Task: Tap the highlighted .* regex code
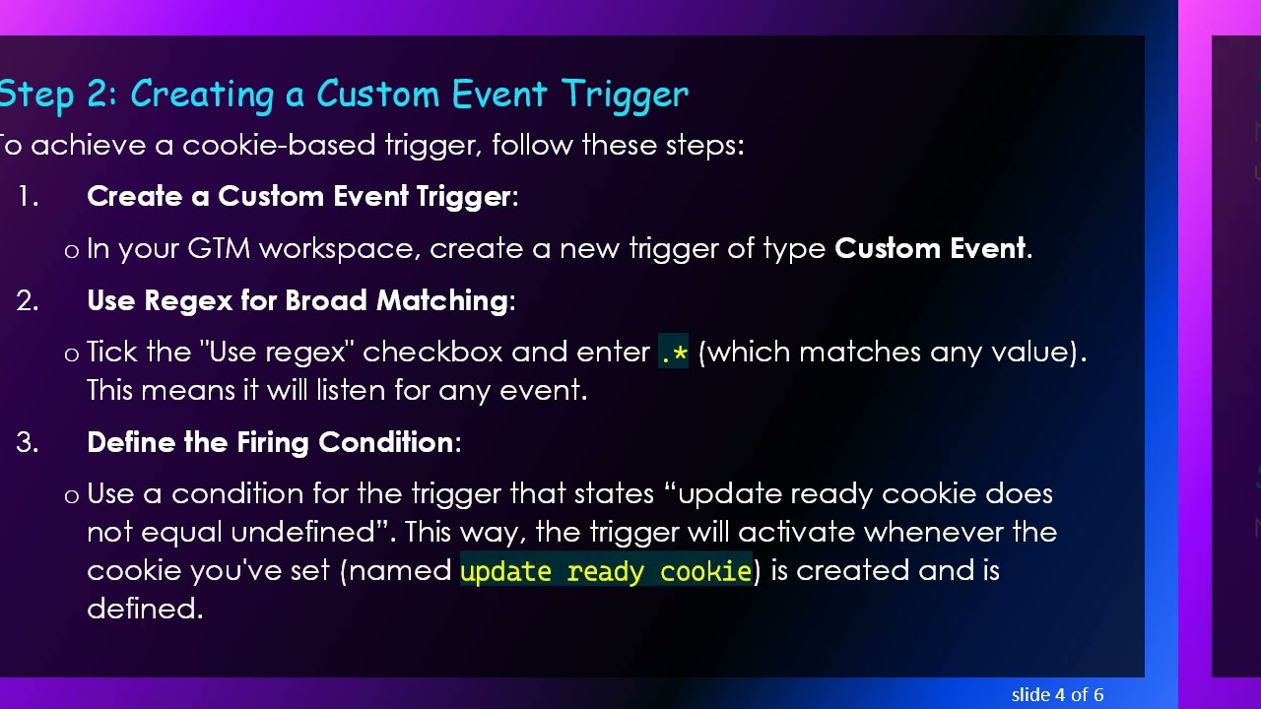tap(674, 353)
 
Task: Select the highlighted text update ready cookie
tap(606, 571)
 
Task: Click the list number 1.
tap(27, 197)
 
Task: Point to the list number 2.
tap(27, 301)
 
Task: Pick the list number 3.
tap(27, 443)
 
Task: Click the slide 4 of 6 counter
tap(1057, 694)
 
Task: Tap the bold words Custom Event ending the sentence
tap(930, 249)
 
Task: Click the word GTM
tap(219, 249)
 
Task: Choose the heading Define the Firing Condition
tap(270, 443)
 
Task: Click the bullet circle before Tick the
tap(71, 354)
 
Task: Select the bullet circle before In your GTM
tap(71, 251)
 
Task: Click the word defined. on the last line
tap(145, 610)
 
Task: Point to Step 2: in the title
tap(59, 95)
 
